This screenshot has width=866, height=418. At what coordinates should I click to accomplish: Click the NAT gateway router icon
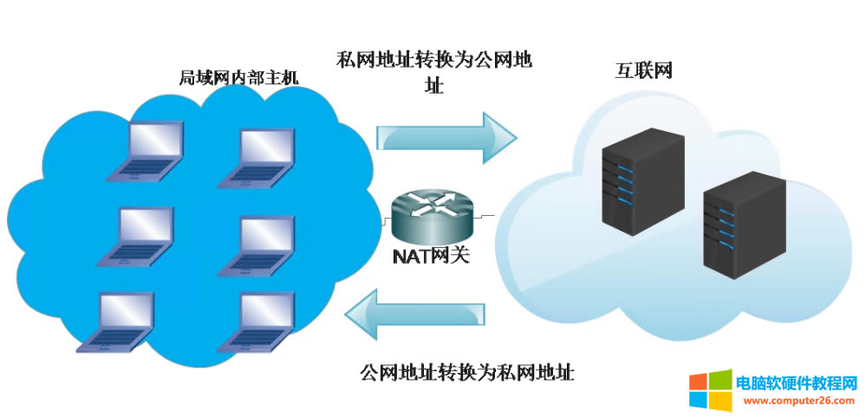(431, 215)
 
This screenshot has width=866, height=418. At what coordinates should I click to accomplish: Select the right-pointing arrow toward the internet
(446, 135)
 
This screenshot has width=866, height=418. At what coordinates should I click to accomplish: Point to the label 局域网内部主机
(238, 77)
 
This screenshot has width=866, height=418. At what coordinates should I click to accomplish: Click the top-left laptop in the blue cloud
(147, 152)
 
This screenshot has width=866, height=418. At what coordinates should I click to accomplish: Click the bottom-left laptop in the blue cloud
(118, 322)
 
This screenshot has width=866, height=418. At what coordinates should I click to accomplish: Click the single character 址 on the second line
(433, 86)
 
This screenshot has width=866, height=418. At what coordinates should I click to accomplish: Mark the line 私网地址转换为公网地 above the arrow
(433, 61)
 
